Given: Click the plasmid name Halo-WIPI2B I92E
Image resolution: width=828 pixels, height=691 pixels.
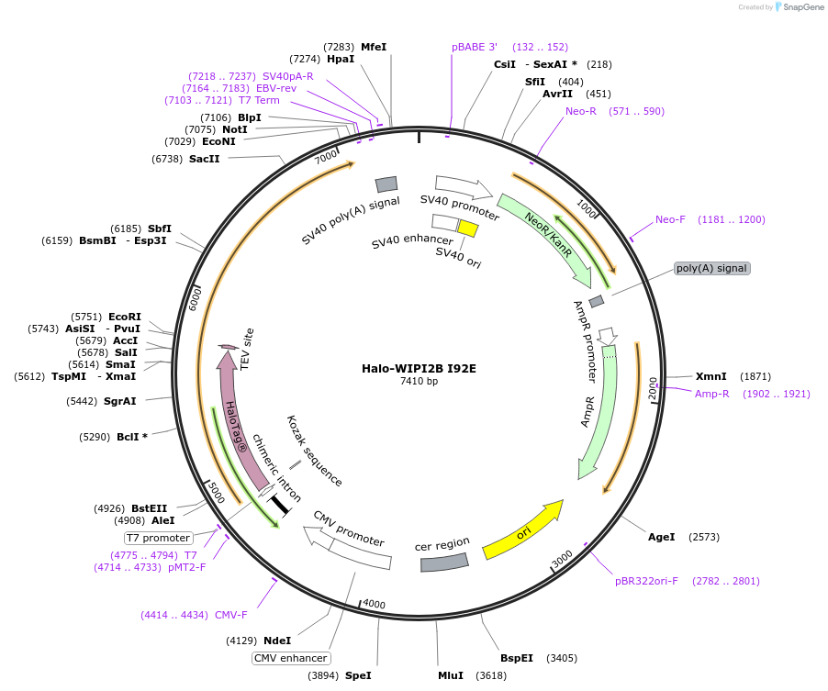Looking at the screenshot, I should [419, 368].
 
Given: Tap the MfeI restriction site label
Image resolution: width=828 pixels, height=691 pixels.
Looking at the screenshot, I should [374, 47].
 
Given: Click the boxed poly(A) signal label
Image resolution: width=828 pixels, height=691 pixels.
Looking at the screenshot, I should [711, 268].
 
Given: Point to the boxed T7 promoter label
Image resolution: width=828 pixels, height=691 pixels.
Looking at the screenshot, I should [158, 538].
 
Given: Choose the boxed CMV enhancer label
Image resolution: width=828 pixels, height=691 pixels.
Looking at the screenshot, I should [291, 658].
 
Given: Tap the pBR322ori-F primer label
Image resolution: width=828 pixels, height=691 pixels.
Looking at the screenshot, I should [646, 581].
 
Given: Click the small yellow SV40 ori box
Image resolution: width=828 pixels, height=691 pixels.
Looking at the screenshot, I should [468, 228].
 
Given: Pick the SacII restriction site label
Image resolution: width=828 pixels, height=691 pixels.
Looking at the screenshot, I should [204, 159].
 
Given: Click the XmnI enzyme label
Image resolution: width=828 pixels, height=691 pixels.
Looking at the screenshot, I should [711, 376].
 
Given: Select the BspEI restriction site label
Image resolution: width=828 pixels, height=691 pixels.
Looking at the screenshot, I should [516, 658].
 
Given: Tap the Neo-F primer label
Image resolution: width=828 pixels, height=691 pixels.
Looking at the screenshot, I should [670, 219].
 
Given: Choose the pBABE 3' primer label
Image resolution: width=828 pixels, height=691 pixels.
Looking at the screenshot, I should [475, 47].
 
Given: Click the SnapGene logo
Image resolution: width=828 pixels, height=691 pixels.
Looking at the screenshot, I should [796, 7].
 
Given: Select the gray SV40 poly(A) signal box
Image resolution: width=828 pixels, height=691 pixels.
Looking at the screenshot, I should [386, 184].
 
